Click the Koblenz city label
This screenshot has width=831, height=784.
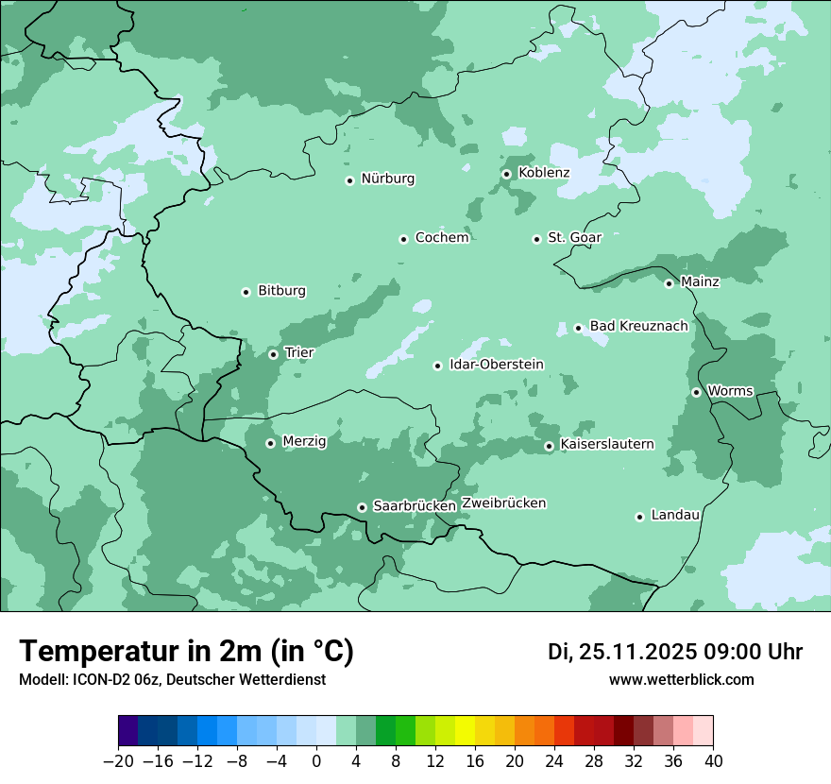[544, 173]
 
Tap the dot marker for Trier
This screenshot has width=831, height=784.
[274, 354]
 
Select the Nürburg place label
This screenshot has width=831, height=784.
[387, 179]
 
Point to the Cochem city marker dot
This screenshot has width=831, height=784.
[403, 239]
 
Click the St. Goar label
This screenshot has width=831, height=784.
[574, 237]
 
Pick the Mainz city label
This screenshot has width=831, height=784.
[700, 281]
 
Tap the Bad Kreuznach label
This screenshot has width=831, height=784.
[638, 326]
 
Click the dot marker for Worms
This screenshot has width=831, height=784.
[696, 392]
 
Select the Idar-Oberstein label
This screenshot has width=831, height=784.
[497, 364]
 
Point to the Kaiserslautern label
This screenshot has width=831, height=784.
[606, 444]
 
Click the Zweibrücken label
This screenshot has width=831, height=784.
[503, 503]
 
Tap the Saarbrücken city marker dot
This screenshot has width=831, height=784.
[362, 507]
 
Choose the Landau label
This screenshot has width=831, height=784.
[675, 515]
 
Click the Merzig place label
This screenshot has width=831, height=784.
[304, 441]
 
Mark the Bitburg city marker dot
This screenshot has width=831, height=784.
[246, 292]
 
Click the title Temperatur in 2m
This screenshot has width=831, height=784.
[186, 651]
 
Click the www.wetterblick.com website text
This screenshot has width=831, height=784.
[681, 679]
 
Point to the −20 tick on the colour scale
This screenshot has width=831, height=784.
[117, 761]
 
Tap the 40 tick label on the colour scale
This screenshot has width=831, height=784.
[713, 761]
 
